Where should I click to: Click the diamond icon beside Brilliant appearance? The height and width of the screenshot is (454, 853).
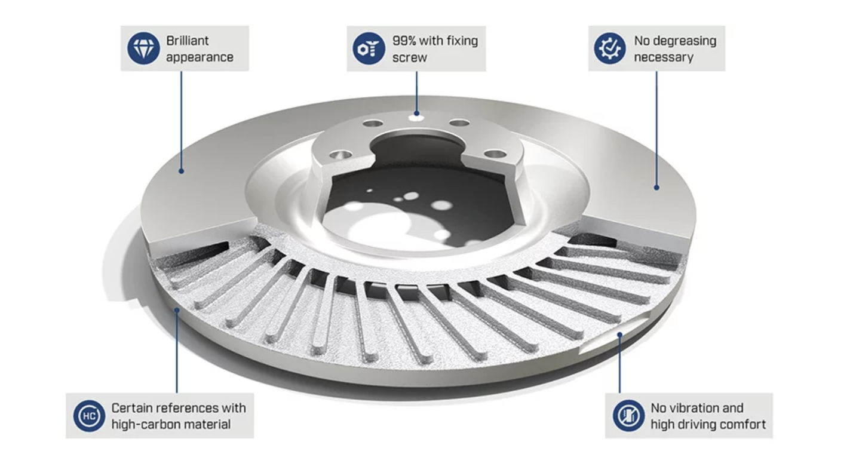coord(143,48)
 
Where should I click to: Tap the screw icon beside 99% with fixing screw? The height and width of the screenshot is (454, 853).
coord(369,48)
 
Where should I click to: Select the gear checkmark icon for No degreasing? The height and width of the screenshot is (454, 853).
coord(610,48)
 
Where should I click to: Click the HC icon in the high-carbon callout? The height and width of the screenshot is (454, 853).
coord(89,416)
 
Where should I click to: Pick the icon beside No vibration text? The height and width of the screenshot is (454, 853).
coord(629,416)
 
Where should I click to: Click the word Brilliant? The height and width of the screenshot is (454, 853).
coord(188,41)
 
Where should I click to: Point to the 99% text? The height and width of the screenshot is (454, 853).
coord(404,41)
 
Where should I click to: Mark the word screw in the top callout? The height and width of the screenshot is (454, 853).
coord(409,57)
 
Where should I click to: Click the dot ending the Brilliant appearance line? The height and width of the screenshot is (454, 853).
coord(181,171)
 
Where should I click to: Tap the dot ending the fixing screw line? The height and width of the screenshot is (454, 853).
coord(416,113)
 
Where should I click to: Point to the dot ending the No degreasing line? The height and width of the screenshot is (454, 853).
coord(656,188)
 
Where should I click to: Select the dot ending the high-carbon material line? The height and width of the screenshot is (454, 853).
coord(177,311)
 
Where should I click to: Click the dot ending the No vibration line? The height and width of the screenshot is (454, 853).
coord(619,335)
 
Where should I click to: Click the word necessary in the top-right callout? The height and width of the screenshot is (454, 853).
coord(664,57)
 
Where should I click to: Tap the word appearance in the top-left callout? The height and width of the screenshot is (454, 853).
coord(200,57)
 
